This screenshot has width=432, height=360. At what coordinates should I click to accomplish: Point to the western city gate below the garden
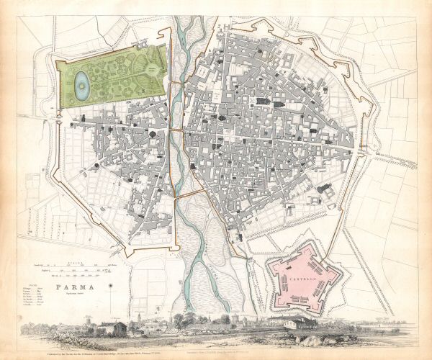point(61,122)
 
